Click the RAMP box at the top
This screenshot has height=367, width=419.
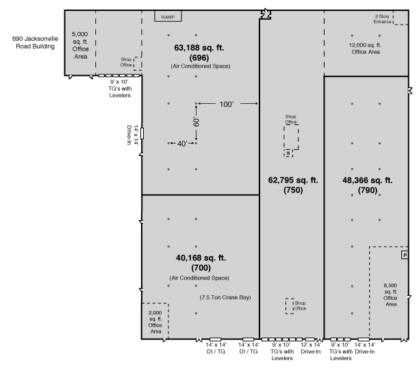click(168, 16)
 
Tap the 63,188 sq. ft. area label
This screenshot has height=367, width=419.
click(199, 48)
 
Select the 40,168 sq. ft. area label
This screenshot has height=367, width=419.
click(201, 258)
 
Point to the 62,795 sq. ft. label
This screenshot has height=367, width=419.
click(293, 180)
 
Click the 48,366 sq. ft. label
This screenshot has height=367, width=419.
click(368, 180)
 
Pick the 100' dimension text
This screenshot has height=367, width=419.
click(227, 105)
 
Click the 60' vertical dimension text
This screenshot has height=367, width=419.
click(196, 122)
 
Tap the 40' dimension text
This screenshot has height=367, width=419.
click(182, 144)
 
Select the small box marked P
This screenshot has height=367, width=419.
click(405, 255)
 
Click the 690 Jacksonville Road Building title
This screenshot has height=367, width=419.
click(35, 42)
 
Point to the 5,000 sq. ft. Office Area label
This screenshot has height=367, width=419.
click(80, 45)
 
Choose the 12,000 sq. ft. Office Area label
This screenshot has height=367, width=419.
click(366, 49)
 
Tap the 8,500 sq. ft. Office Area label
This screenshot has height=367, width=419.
click(390, 295)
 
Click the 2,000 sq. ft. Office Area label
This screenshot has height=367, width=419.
click(155, 322)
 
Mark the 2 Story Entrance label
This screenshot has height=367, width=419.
click(383, 19)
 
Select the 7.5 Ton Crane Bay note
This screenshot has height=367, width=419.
click(225, 297)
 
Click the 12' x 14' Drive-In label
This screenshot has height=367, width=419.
click(311, 348)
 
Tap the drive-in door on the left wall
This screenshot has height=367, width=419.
click(142, 133)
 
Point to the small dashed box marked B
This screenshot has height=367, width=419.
click(288, 153)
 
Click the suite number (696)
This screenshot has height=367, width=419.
click(199, 58)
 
